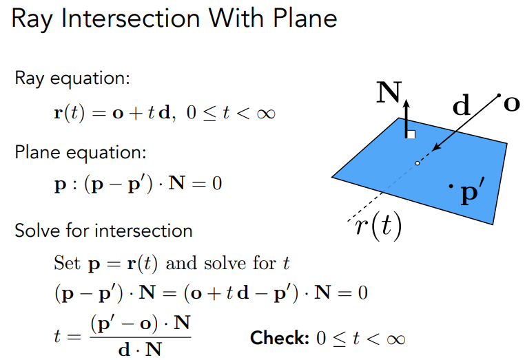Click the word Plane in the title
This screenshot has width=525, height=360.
click(x=305, y=18)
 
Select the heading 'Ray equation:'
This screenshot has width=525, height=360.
click(x=72, y=79)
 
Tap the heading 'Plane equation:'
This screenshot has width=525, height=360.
click(x=81, y=153)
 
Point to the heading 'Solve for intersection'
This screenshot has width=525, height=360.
click(x=103, y=231)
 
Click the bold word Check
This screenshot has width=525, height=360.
click(x=280, y=338)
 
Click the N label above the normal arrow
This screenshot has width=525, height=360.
click(x=389, y=92)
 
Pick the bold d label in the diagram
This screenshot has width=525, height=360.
click(x=461, y=105)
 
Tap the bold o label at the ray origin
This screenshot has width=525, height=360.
click(x=512, y=105)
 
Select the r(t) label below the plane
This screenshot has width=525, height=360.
click(x=378, y=226)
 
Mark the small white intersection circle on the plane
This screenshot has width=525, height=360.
click(x=418, y=163)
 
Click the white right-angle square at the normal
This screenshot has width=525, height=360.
click(x=411, y=134)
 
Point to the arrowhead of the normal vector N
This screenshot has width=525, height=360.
click(x=406, y=103)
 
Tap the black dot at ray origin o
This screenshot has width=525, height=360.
click(x=499, y=96)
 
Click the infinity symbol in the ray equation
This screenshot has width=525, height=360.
click(x=266, y=114)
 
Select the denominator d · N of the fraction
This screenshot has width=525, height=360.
click(x=140, y=350)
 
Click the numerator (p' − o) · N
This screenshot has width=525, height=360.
click(x=141, y=324)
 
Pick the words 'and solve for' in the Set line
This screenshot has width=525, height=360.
click(x=221, y=263)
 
